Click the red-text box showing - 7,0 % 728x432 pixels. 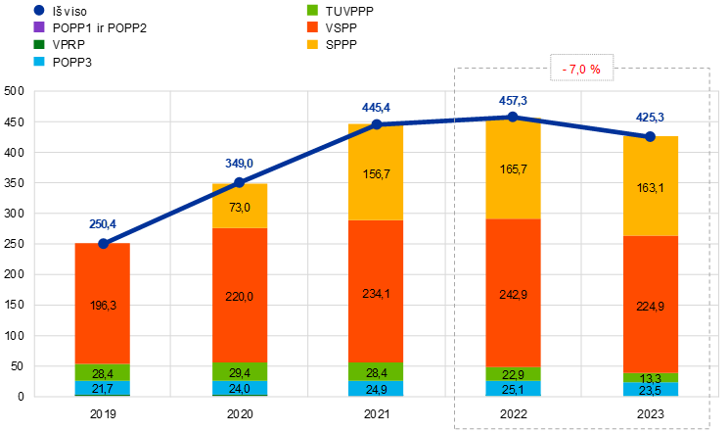click(x=582, y=69)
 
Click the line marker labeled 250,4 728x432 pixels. click(x=103, y=242)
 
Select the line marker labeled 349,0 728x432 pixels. click(x=240, y=182)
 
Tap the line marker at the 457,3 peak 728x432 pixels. click(x=513, y=117)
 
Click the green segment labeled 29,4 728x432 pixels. click(x=240, y=372)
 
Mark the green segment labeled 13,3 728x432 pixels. click(x=651, y=378)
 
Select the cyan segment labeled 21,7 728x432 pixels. click(x=103, y=389)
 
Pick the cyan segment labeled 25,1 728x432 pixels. click(x=513, y=389)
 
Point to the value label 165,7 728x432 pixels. click(x=513, y=169)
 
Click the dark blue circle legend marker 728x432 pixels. click(x=39, y=10)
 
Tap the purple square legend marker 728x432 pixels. click(x=39, y=26)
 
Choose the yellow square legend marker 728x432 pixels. click(x=312, y=44)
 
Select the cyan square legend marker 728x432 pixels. click(x=39, y=61)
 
